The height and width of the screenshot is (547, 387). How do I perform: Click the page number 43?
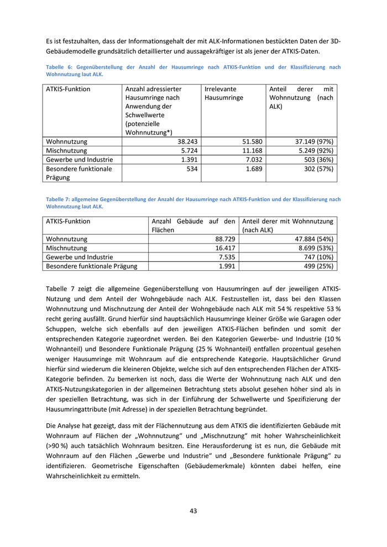pos(193,511)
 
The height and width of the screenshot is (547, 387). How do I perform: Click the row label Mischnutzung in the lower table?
pos(66,248)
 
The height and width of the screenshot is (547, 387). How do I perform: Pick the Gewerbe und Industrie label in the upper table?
pos(79,159)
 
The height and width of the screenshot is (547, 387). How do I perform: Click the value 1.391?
pos(190,159)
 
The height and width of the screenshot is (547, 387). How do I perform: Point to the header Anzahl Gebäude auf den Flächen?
pos(193,225)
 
